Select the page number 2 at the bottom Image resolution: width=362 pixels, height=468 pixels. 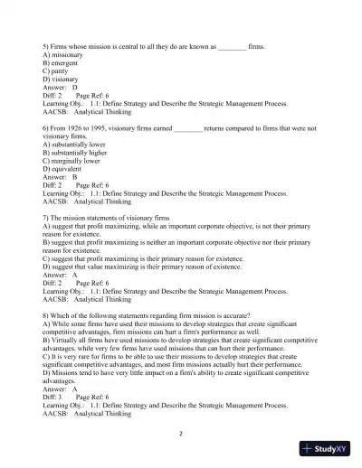coord(181,434)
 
